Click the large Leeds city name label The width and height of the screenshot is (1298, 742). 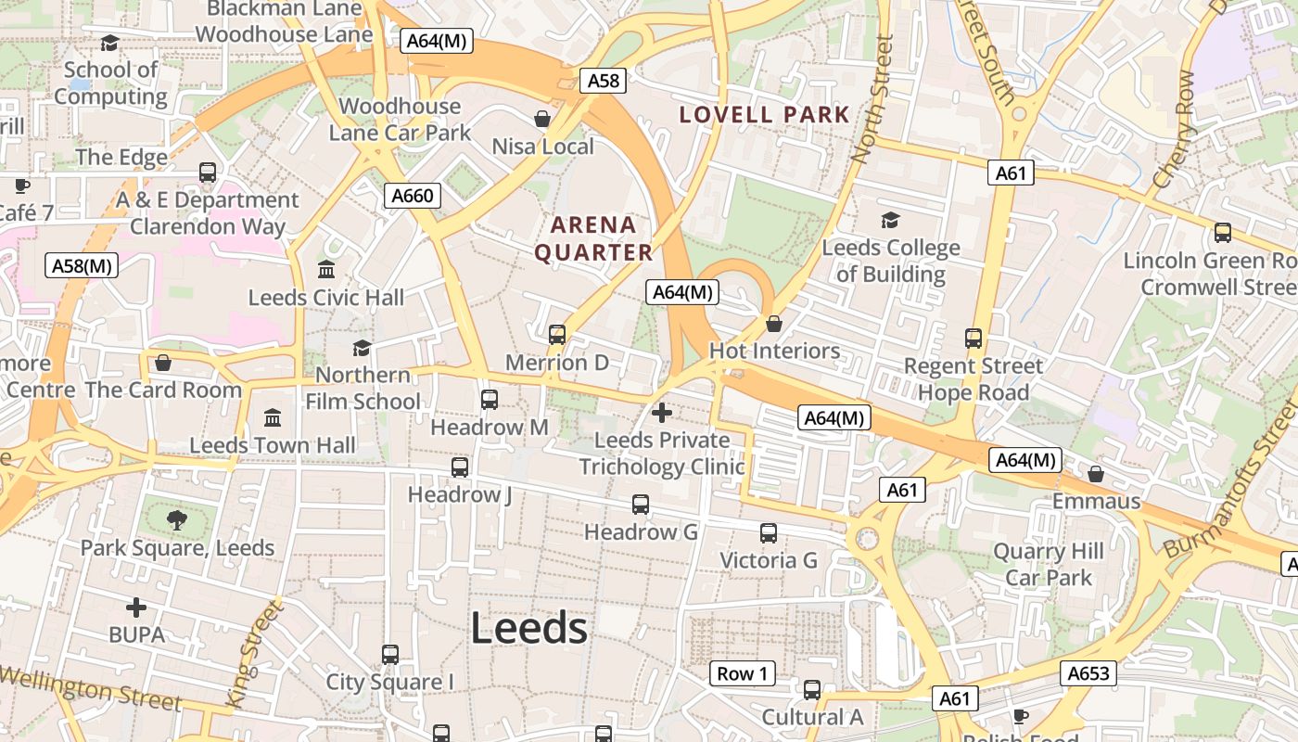(x=529, y=629)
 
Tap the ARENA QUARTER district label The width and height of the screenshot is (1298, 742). (x=594, y=238)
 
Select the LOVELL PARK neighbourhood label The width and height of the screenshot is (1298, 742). (x=765, y=115)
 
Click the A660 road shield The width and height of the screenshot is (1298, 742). (x=413, y=196)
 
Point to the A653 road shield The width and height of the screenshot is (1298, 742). (x=1088, y=673)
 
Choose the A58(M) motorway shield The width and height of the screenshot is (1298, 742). (x=82, y=266)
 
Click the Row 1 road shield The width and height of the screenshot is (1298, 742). (x=743, y=673)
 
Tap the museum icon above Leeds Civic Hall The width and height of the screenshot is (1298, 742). (x=326, y=270)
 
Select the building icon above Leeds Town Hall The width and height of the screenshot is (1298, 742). (x=273, y=417)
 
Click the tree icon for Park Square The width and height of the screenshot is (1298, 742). (x=176, y=520)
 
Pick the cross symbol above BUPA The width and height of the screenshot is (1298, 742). (x=136, y=608)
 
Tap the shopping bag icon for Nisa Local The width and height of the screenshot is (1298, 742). (x=542, y=119)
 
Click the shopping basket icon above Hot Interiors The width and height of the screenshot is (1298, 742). (x=774, y=324)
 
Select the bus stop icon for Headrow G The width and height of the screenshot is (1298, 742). (x=641, y=505)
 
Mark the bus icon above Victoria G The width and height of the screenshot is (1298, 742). (x=769, y=533)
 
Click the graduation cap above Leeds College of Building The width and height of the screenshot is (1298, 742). (x=890, y=220)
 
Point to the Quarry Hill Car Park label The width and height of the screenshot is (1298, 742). (x=1049, y=564)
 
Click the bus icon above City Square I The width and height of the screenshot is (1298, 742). (x=390, y=655)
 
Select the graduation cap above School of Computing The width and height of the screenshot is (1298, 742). (x=109, y=43)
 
